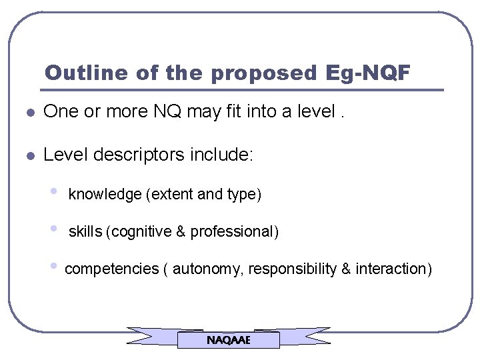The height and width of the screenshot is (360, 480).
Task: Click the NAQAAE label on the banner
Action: (x=228, y=340)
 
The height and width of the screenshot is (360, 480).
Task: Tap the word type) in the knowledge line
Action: (x=244, y=195)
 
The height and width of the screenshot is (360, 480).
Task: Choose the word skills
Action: (x=85, y=232)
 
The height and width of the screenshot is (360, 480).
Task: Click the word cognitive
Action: (x=140, y=232)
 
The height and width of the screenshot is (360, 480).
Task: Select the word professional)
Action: (x=235, y=232)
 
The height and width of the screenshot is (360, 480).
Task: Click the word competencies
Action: (x=111, y=269)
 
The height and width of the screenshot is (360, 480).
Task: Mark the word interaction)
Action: (x=394, y=269)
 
